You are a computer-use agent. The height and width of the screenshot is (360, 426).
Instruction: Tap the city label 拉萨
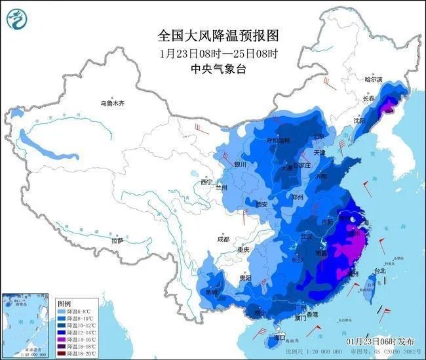(117, 241)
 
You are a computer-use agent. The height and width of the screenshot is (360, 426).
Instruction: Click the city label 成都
(222, 239)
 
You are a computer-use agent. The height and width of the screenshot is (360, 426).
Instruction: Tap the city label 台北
(379, 270)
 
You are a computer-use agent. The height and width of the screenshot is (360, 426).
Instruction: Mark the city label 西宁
(207, 182)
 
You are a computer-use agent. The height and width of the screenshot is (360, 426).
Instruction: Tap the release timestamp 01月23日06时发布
(379, 342)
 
